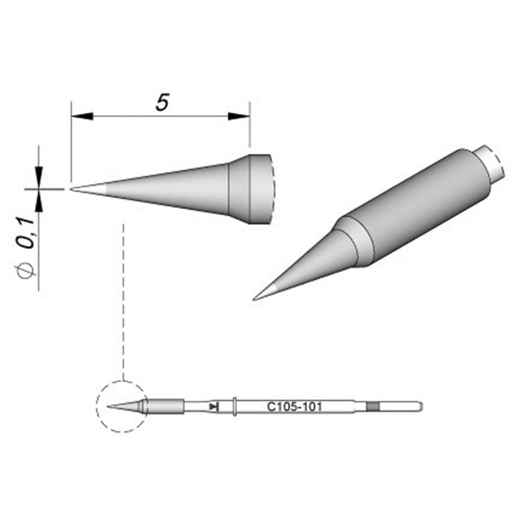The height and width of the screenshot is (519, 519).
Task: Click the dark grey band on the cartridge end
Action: tap(372, 406)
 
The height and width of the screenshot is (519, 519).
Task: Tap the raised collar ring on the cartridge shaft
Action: tap(235, 406)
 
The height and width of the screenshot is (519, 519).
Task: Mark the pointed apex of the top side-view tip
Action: tap(72, 188)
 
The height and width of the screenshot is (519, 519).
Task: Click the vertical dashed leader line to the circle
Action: tap(123, 301)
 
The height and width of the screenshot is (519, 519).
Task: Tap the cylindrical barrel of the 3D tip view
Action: tap(420, 208)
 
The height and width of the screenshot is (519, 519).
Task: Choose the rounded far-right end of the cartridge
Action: tap(420, 406)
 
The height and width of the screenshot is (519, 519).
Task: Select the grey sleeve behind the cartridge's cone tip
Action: tap(166, 406)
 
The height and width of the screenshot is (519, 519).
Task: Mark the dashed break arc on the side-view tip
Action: tap(272, 189)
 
